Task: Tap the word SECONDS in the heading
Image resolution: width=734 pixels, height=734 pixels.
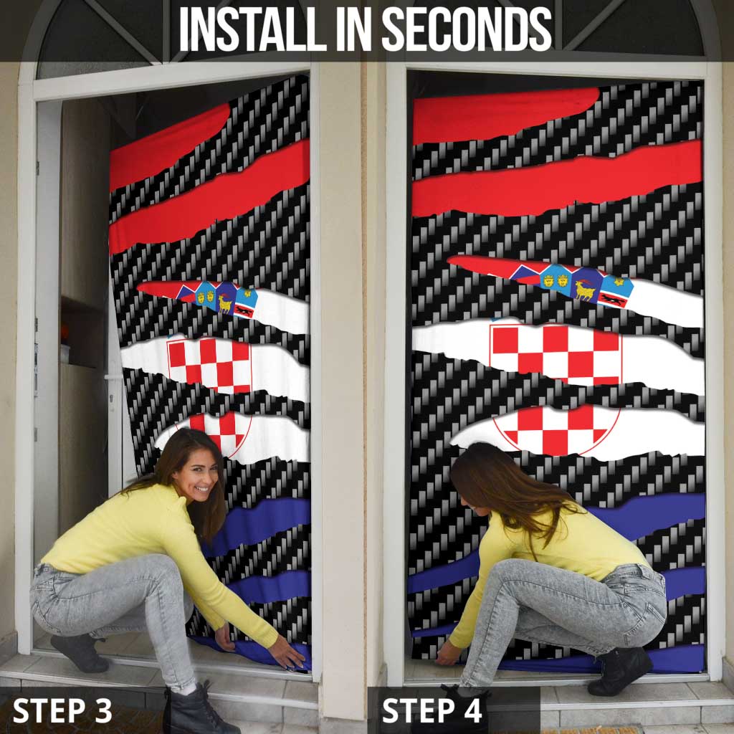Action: pyautogui.click(x=467, y=30)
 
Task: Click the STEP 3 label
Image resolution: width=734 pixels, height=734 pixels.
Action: pyautogui.click(x=62, y=710)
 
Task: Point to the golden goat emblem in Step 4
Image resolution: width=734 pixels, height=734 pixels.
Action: pyautogui.click(x=584, y=289)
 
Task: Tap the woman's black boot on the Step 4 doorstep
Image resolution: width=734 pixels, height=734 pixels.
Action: pyautogui.click(x=618, y=670)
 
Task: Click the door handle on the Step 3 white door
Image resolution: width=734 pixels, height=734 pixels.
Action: pyautogui.click(x=110, y=378)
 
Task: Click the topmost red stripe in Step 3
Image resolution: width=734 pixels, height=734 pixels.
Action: pyautogui.click(x=168, y=147)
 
